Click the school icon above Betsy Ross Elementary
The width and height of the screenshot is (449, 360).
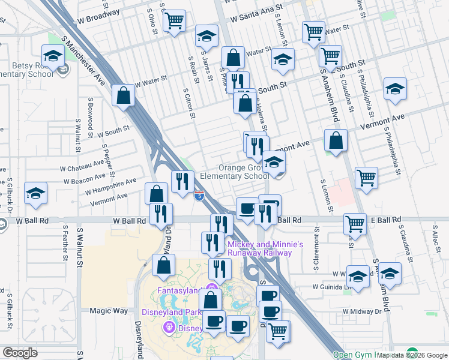coord(53,56)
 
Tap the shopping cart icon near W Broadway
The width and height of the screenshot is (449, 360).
coord(175,21)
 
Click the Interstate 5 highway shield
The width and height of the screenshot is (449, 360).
coord(199,195)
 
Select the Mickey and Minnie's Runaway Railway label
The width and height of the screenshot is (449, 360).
coord(265,248)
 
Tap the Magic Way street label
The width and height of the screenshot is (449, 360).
coord(109,311)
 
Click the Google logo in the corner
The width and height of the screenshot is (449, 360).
coord(20,353)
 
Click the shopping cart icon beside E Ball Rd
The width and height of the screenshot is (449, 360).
coord(355,224)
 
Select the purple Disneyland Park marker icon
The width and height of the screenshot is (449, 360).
coord(169,327)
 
